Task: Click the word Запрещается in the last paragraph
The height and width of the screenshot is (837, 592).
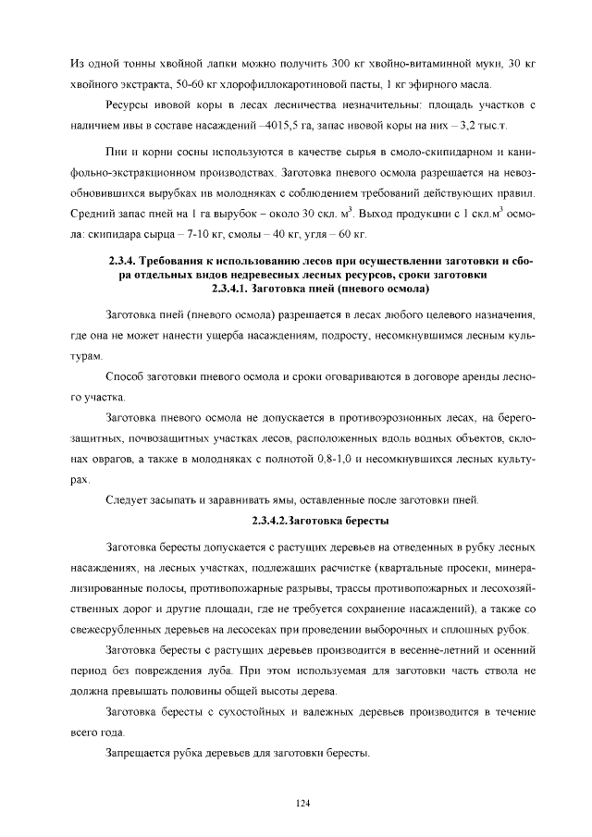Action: point(140,752)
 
